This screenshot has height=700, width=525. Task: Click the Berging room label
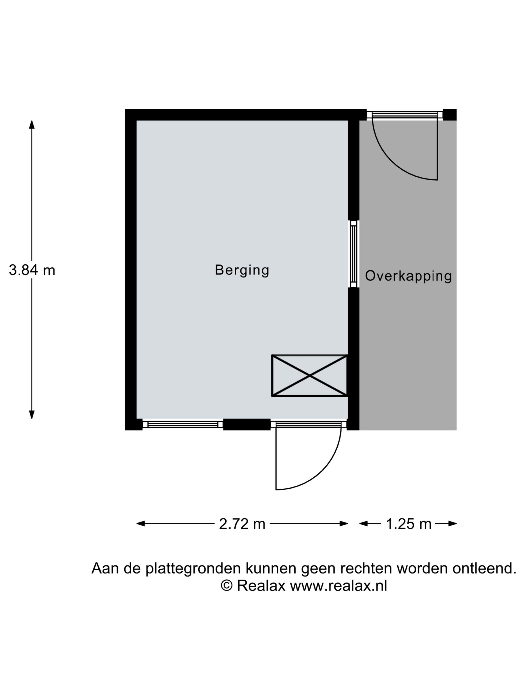coord(242,270)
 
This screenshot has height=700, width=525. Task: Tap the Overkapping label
coord(408,276)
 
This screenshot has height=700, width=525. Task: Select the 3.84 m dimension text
coord(32,270)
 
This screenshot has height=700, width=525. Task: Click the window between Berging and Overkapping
coord(353,254)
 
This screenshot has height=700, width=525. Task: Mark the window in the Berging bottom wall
coord(183,424)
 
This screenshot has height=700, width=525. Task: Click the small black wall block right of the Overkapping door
coord(449,114)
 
